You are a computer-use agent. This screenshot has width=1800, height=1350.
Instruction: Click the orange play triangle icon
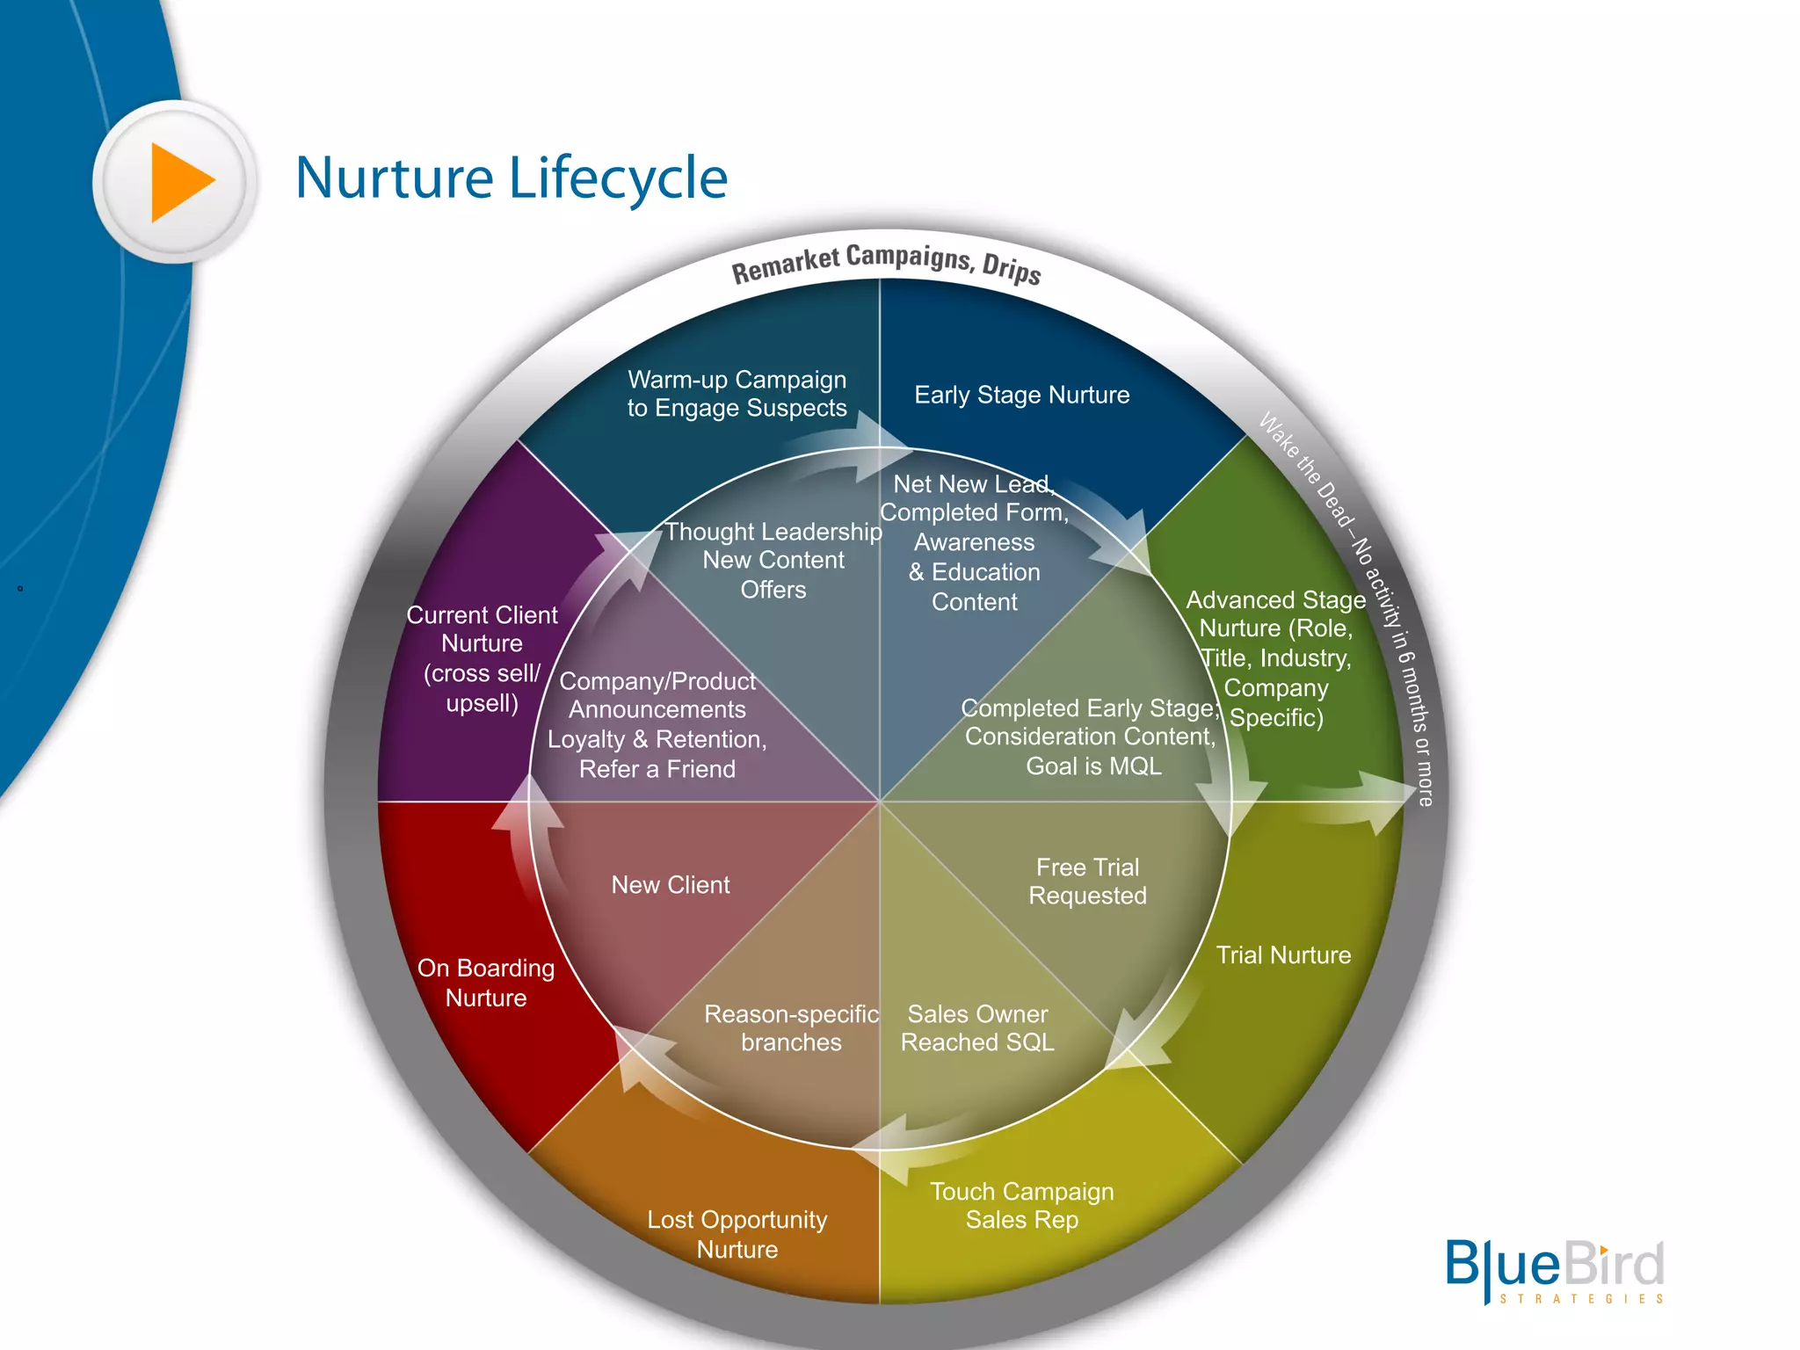point(180,182)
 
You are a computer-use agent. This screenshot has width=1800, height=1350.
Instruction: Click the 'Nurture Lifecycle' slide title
point(511,178)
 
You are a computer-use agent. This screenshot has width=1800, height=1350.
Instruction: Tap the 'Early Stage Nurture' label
point(1021,395)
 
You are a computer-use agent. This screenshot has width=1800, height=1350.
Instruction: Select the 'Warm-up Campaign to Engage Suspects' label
point(737,394)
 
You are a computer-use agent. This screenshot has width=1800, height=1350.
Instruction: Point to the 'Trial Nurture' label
point(1282,955)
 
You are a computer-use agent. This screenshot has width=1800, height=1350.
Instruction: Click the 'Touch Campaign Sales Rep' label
point(1021,1206)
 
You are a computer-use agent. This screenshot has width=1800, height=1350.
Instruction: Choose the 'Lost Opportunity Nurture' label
point(737,1234)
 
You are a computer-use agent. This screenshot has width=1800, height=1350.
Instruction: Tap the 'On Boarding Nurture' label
point(485,983)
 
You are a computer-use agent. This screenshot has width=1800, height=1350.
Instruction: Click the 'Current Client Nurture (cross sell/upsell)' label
point(482,658)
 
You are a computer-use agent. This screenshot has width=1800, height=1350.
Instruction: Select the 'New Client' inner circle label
point(670,885)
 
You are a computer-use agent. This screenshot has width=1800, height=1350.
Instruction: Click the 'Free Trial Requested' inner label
point(1087,882)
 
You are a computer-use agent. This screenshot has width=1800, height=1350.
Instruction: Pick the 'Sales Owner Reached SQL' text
point(977,1028)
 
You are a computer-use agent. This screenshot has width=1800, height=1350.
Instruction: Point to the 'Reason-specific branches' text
point(791,1028)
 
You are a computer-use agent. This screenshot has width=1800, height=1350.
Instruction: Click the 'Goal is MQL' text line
point(1093,766)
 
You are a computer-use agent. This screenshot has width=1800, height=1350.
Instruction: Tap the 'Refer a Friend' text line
point(657,769)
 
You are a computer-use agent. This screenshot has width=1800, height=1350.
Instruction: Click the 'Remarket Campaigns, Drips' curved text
point(886,263)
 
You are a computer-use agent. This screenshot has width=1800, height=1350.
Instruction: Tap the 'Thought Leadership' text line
point(773,532)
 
